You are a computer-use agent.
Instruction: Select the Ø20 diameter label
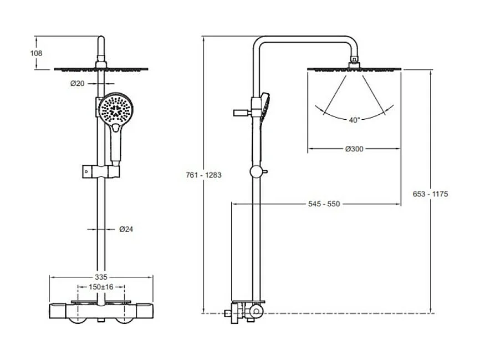(77, 84)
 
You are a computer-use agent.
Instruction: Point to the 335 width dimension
(100, 276)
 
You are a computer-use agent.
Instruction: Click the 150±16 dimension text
(101, 287)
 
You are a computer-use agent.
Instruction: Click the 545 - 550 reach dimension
(324, 204)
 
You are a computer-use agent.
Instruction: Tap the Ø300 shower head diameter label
(354, 149)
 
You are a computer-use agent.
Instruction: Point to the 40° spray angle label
(354, 119)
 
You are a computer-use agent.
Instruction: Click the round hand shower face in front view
(116, 108)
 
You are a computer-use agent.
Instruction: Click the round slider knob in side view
(256, 171)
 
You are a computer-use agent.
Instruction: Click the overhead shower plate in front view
(100, 69)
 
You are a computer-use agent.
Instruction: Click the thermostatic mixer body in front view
(100, 309)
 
